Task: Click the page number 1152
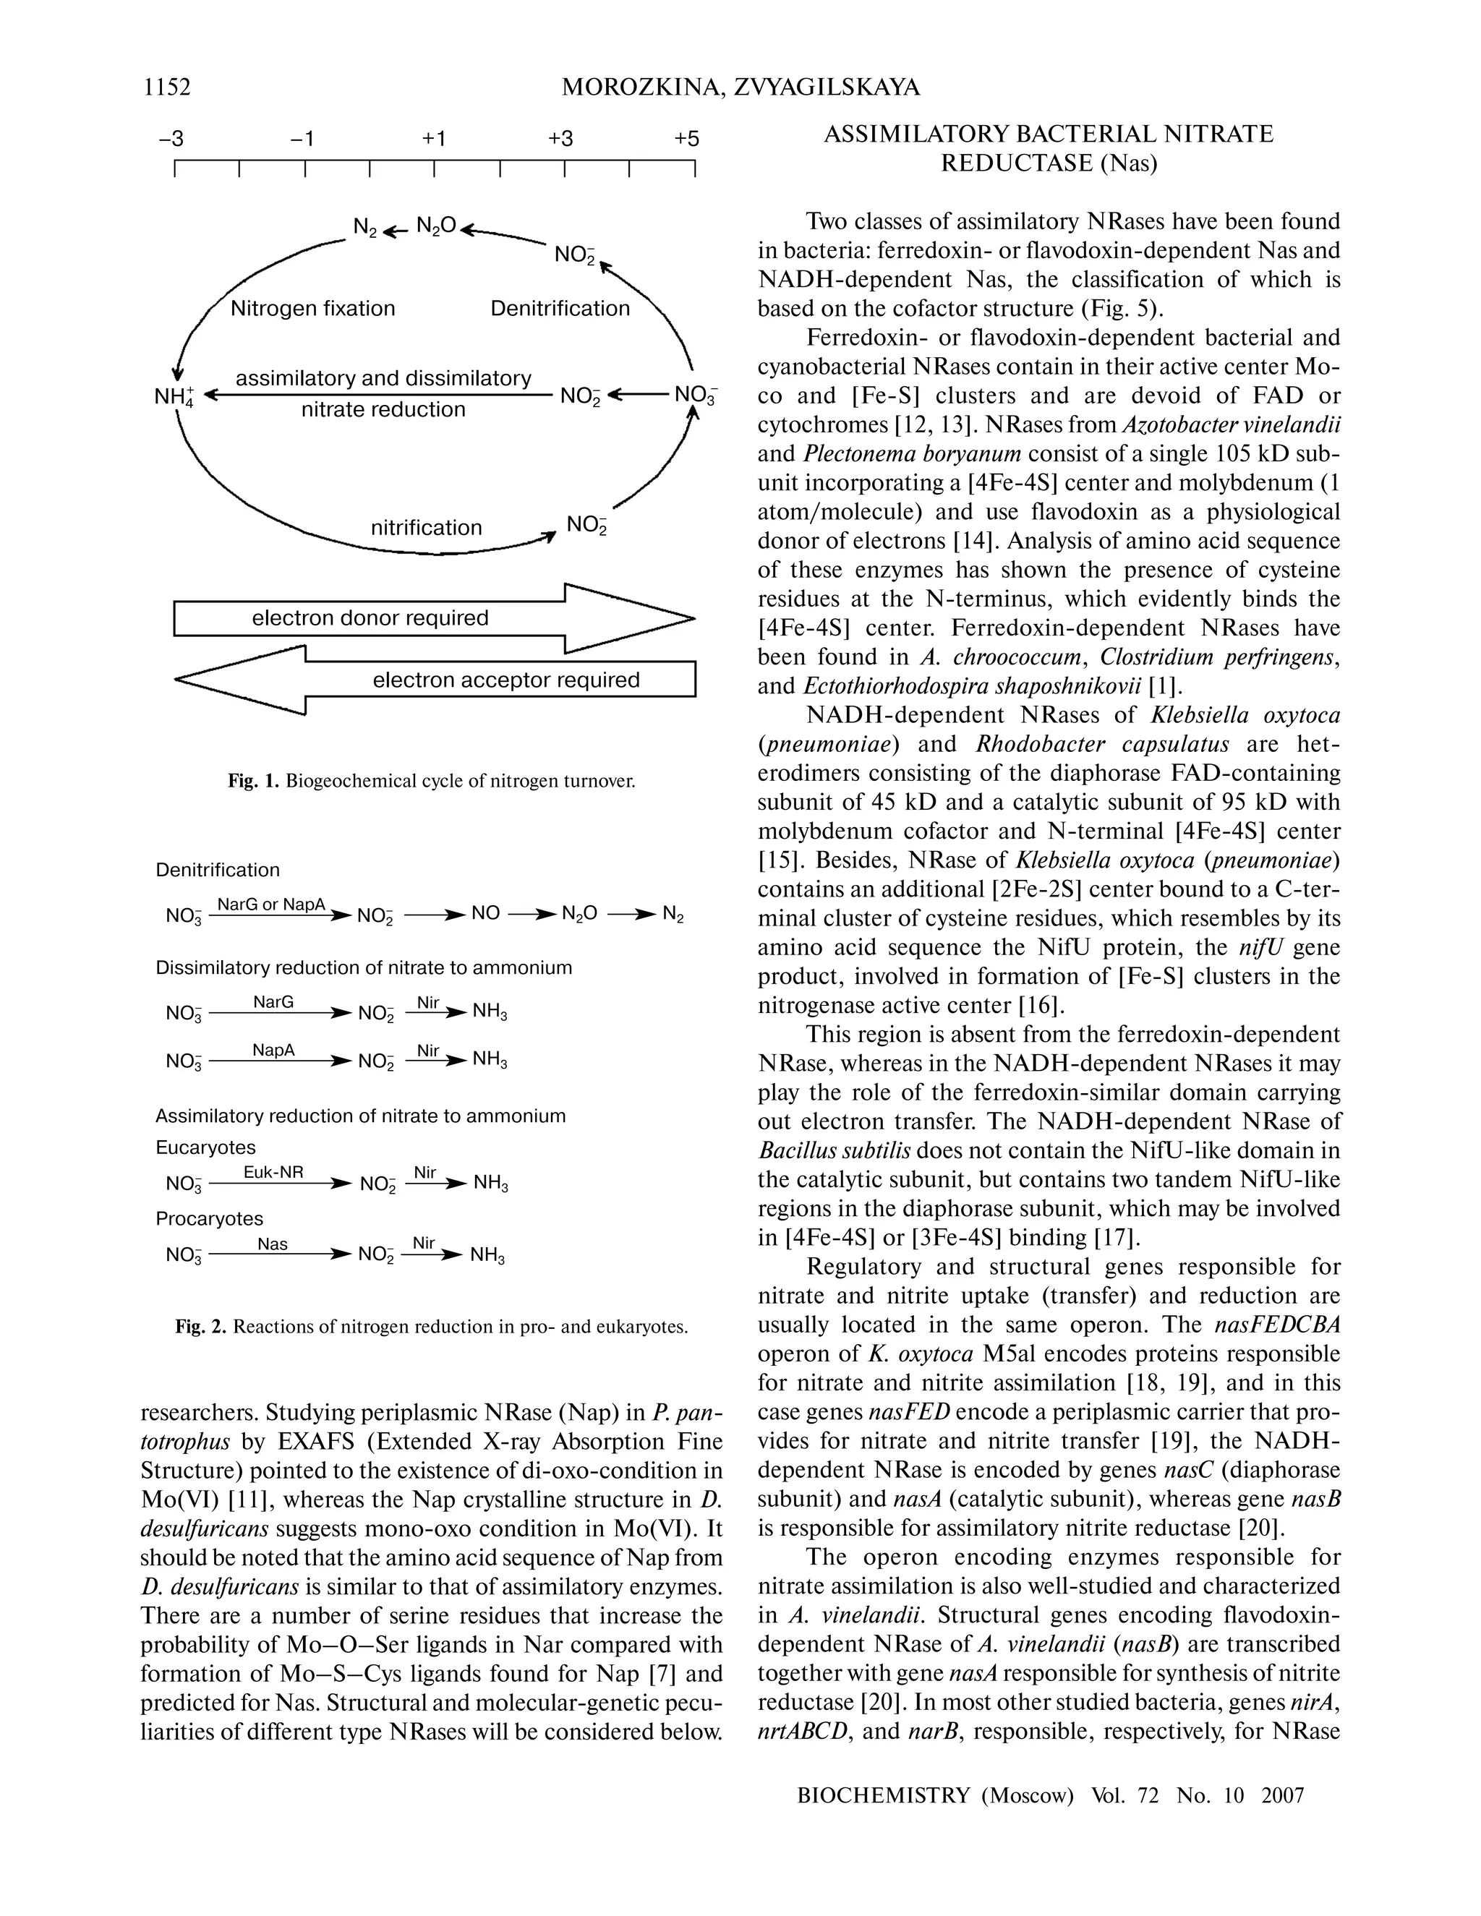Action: point(167,87)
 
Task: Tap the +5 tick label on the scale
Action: point(687,139)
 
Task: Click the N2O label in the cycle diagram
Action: point(436,226)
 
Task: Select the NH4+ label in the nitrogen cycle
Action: point(174,395)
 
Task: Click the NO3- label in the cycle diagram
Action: point(696,395)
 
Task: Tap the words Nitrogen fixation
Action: point(312,309)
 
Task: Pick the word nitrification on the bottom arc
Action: point(427,527)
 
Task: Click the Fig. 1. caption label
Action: point(252,780)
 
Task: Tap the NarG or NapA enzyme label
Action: point(271,904)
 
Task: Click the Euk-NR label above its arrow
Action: point(273,1171)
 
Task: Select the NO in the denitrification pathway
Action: point(485,914)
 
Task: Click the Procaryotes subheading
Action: point(209,1218)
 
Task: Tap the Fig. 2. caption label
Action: point(201,1327)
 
